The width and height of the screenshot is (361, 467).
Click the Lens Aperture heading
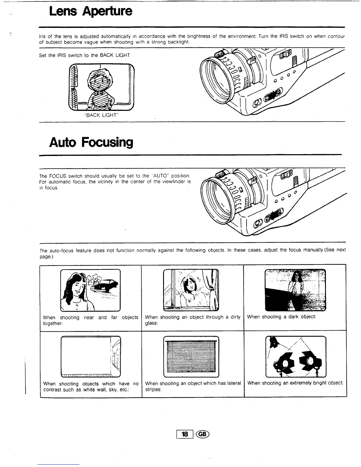[91, 11]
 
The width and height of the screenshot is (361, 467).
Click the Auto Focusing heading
[91, 142]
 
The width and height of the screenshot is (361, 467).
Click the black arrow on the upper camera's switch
[271, 96]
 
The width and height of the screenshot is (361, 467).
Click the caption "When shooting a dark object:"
[281, 317]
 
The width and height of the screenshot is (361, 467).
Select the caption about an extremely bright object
[295, 383]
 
